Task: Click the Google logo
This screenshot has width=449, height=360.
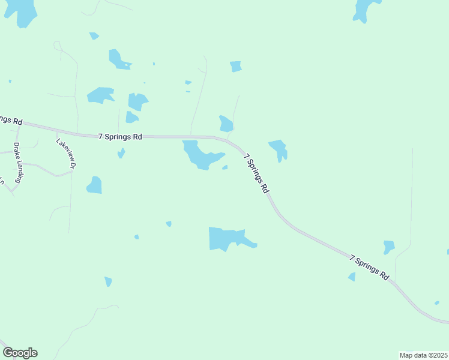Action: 20,353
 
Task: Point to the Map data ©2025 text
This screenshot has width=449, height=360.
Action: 423,355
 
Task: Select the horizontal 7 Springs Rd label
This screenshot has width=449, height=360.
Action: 120,137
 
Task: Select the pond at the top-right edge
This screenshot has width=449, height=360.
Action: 364,10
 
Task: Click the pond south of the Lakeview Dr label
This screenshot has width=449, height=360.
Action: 94,185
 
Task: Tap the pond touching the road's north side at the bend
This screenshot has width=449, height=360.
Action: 226,124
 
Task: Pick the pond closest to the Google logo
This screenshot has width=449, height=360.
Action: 108,281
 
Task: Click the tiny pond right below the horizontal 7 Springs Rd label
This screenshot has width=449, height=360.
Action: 121,153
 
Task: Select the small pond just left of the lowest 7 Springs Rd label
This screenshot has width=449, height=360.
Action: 352,277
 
